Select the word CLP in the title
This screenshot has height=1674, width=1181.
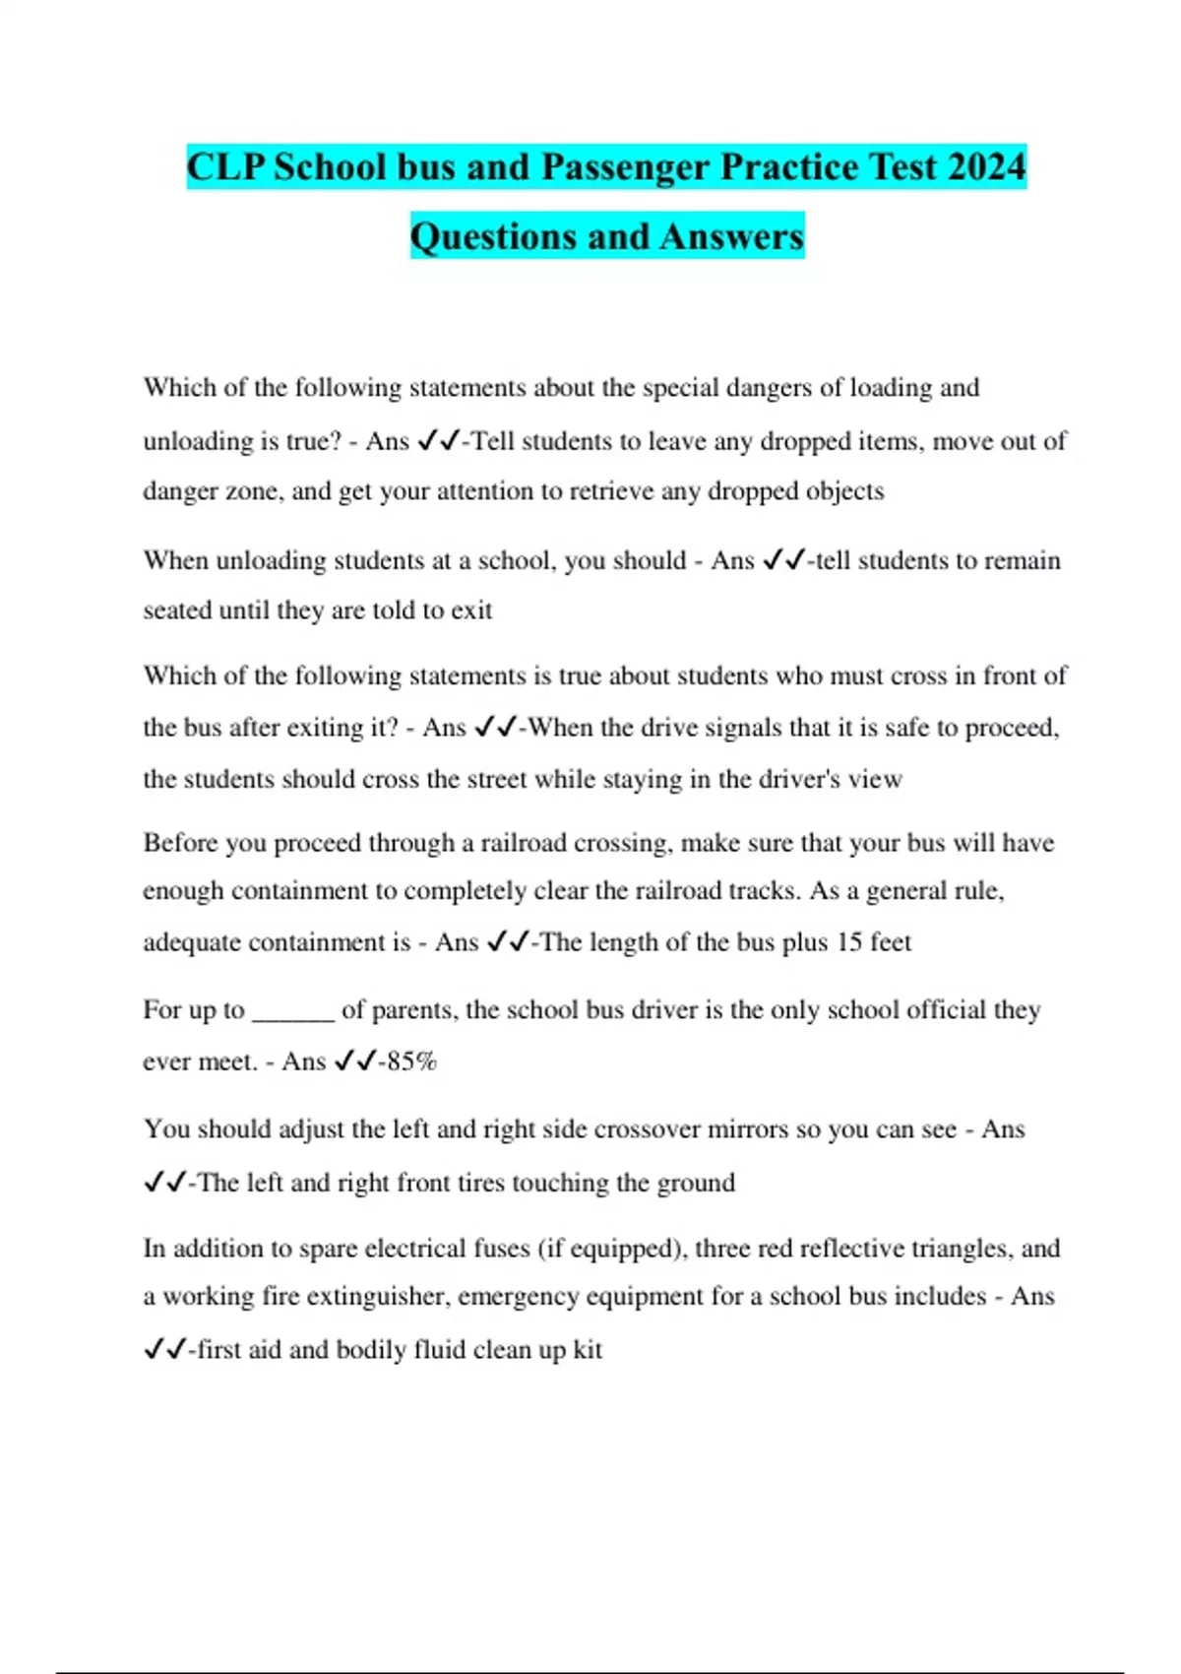tap(224, 166)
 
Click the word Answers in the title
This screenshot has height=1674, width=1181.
tap(732, 236)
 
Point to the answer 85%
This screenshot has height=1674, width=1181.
tap(412, 1062)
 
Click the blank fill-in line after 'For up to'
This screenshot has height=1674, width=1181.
tap(293, 1012)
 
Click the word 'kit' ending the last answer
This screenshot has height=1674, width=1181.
tap(588, 1349)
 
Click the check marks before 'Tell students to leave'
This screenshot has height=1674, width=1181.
tap(438, 441)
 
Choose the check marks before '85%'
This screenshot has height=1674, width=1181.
tap(355, 1062)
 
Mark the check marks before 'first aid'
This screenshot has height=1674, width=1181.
tap(164, 1349)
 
